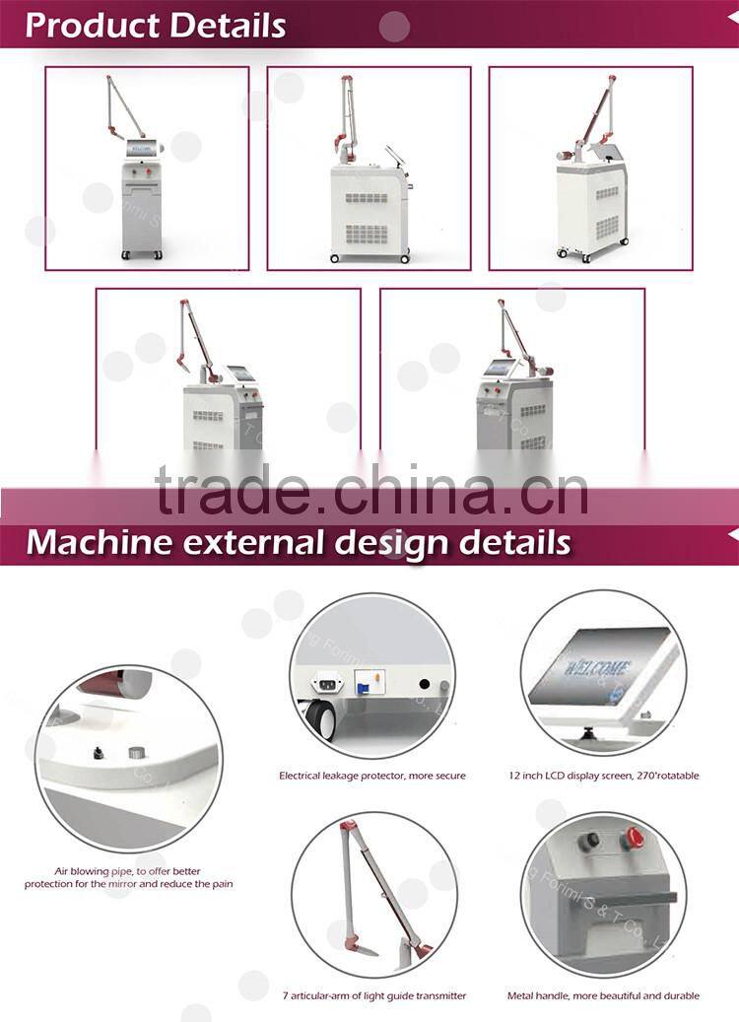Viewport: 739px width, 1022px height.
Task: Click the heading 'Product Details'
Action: tap(156, 25)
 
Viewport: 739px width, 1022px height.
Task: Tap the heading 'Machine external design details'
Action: tap(298, 542)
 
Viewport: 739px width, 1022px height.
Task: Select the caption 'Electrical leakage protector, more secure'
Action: tap(371, 776)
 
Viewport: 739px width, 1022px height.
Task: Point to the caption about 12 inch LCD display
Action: tap(604, 776)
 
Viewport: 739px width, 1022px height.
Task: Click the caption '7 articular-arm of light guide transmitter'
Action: tap(372, 995)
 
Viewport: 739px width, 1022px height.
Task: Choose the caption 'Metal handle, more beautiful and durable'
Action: tap(603, 995)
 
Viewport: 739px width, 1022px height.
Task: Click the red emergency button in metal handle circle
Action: tap(631, 841)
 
